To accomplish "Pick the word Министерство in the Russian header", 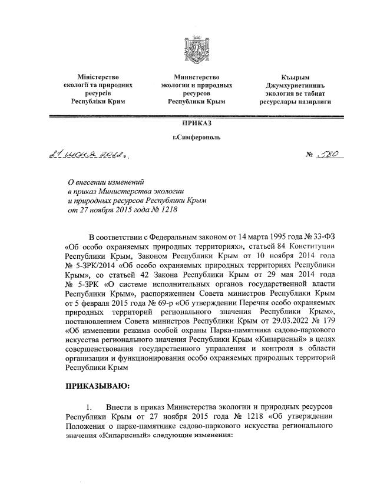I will (x=197, y=77).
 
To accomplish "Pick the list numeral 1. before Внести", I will (x=90, y=407).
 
